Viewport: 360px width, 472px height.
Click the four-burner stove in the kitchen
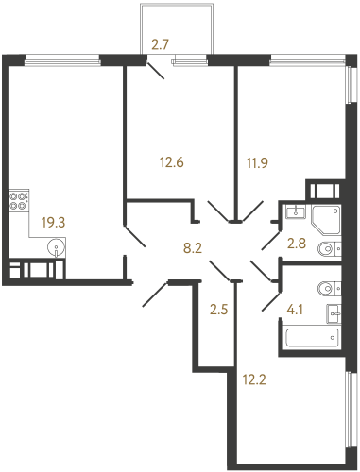click(x=18, y=200)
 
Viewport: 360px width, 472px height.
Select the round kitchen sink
click(x=59, y=250)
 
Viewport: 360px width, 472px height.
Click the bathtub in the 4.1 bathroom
click(x=314, y=335)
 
